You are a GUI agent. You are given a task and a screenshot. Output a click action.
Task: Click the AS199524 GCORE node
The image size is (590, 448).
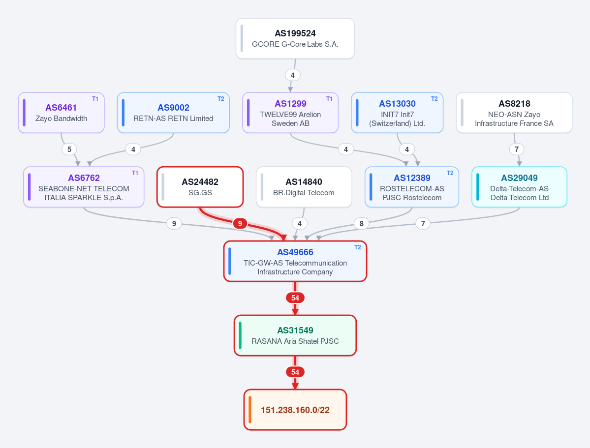tap(295, 38)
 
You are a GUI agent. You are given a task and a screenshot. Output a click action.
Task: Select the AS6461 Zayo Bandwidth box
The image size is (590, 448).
tap(61, 113)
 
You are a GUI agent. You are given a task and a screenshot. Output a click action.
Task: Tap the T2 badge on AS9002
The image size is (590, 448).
tap(221, 99)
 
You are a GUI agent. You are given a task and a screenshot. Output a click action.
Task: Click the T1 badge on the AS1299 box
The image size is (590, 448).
tap(329, 99)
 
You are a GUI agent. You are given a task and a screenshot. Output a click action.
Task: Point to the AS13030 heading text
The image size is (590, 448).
tap(397, 104)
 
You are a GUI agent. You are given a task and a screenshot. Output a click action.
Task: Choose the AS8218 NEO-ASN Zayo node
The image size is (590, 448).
tap(514, 113)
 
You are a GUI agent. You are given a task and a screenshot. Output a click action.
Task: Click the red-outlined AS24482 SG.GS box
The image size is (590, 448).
tap(200, 187)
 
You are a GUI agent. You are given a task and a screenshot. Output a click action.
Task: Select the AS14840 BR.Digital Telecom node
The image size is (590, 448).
tap(304, 187)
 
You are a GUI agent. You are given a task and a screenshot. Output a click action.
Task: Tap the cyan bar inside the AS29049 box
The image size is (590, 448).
tap(478, 187)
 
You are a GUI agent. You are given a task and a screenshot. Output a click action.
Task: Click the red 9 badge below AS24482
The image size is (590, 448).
tap(240, 223)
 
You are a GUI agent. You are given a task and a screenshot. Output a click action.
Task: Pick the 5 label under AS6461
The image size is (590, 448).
tap(69, 149)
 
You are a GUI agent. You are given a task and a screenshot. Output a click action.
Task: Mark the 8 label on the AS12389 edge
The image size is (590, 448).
tap(362, 223)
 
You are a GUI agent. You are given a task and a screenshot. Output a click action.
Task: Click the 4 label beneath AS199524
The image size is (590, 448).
tap(293, 75)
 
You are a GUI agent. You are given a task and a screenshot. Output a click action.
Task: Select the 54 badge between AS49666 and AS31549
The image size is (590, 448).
tap(295, 298)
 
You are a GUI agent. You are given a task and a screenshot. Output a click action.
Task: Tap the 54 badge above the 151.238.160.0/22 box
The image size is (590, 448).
tap(295, 372)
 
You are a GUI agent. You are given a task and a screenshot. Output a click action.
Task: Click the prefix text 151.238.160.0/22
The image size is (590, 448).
tap(295, 410)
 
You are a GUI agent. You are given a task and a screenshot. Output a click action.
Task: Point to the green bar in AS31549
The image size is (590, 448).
tap(240, 335)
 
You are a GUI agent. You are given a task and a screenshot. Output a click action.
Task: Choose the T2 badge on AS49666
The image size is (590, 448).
tap(357, 247)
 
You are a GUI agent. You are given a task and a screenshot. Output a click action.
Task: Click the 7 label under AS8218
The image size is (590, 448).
tap(517, 149)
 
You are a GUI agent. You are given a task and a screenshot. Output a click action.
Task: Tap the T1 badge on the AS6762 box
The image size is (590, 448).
tap(135, 173)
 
